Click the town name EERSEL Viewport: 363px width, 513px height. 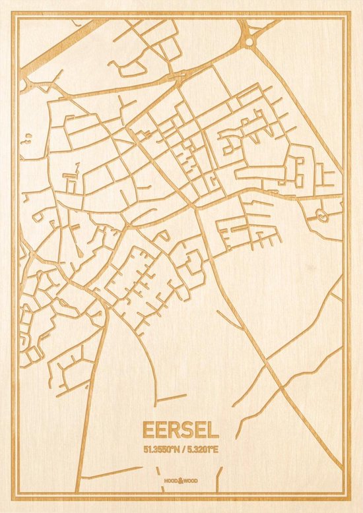pyautogui.click(x=180, y=430)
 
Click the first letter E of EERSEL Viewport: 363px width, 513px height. pyautogui.click(x=147, y=430)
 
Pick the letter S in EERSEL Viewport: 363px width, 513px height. pyautogui.click(x=189, y=430)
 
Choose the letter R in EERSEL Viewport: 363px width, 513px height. pyautogui.click(x=174, y=430)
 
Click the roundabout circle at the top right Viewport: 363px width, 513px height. pyautogui.click(x=249, y=41)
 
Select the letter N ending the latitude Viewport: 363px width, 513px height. pyautogui.click(x=176, y=449)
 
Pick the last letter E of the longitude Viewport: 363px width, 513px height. pyautogui.click(x=218, y=449)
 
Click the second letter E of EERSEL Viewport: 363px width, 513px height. pyautogui.click(x=160, y=430)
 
